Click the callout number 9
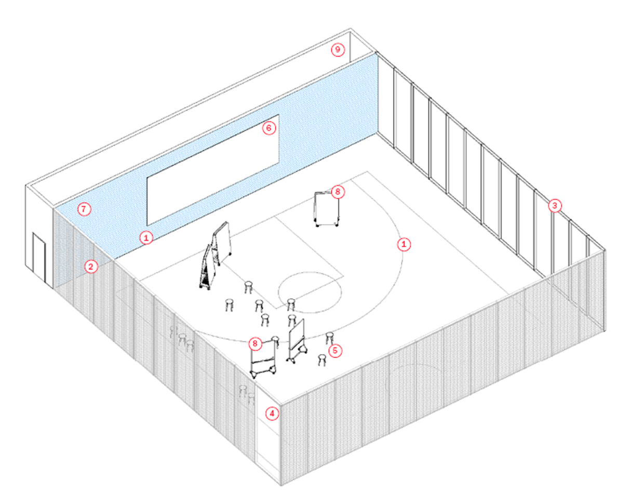pyautogui.click(x=338, y=50)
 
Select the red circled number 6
pyautogui.click(x=268, y=128)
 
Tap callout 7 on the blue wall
pyautogui.click(x=84, y=210)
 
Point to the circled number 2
pyautogui.click(x=91, y=267)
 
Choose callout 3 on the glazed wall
pyautogui.click(x=555, y=206)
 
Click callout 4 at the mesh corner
pyautogui.click(x=272, y=413)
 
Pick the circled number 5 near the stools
pyautogui.click(x=335, y=351)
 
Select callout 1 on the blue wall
pyautogui.click(x=147, y=238)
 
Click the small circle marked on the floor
pyautogui.click(x=310, y=291)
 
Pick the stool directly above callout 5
pyautogui.click(x=329, y=338)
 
